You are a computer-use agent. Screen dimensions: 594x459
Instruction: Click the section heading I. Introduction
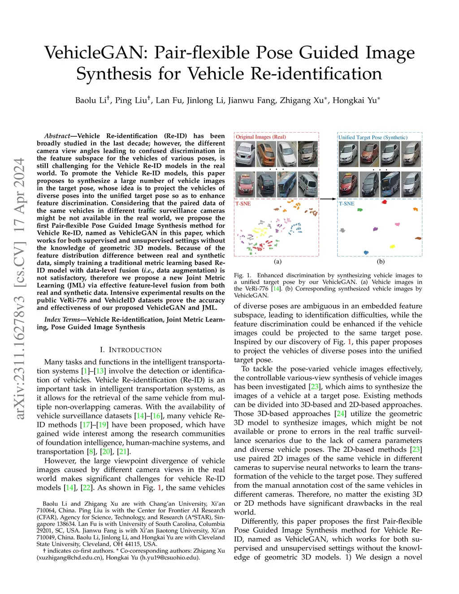pyautogui.click(x=131, y=350)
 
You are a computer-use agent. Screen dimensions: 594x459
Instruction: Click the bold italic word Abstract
pyautogui.click(x=57, y=136)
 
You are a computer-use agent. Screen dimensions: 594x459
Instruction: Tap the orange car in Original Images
pyautogui.click(x=266, y=153)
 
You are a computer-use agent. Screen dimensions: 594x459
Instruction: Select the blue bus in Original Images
pyautogui.click(x=287, y=183)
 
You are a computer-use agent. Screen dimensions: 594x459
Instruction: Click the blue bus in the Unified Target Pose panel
pyautogui.click(x=390, y=183)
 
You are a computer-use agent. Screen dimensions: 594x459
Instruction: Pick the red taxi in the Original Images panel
pyautogui.click(x=245, y=183)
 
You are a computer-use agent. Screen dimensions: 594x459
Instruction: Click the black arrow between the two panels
pyautogui.click(x=328, y=199)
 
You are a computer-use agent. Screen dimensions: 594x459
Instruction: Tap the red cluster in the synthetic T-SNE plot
pyautogui.click(x=384, y=202)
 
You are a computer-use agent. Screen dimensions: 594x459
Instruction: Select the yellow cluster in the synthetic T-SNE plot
pyautogui.click(x=393, y=246)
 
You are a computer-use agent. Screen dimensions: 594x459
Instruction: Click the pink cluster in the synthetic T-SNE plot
pyautogui.click(x=397, y=224)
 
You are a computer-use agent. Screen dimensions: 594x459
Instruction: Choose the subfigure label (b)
pyautogui.click(x=381, y=261)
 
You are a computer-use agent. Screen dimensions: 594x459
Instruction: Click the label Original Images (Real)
pyautogui.click(x=261, y=137)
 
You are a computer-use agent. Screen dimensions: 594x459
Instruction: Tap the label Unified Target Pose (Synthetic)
pyautogui.click(x=373, y=138)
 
